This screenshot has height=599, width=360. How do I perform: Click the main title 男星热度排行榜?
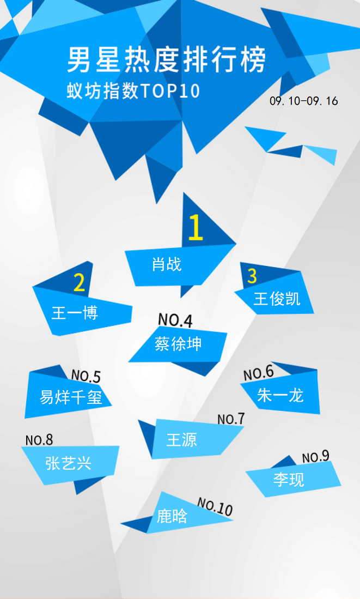[167, 60]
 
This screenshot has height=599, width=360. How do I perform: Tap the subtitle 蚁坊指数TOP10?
[133, 92]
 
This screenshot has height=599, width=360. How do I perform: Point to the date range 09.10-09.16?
[304, 101]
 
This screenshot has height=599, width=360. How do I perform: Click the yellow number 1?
[195, 227]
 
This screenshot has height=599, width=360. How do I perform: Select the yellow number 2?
[79, 282]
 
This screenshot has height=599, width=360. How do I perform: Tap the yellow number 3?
[252, 276]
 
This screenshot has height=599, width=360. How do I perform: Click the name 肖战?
[167, 264]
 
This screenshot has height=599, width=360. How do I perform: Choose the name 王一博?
[75, 313]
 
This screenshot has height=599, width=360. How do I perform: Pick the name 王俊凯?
[277, 299]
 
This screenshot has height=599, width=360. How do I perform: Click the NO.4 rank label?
[175, 320]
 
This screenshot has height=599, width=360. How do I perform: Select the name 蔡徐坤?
[178, 344]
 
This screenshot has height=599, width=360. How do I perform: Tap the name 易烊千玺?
[71, 397]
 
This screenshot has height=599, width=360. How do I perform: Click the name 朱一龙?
[280, 395]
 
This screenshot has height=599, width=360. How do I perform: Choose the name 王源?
[182, 440]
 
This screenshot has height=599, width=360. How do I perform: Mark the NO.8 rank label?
[39, 440]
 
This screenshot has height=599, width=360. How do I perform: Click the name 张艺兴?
[68, 463]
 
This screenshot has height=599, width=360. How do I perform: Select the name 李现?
[289, 479]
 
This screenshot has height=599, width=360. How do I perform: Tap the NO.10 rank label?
[215, 507]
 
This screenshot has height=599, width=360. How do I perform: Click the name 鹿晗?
[172, 516]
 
